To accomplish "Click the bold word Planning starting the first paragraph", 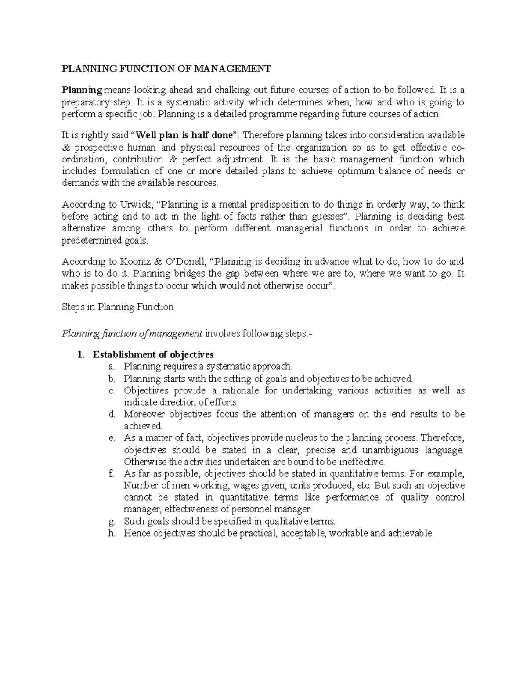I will coord(82,90).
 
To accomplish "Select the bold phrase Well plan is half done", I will coord(184,135).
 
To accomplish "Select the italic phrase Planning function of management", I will coord(133,334).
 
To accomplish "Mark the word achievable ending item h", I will coord(411,534).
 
